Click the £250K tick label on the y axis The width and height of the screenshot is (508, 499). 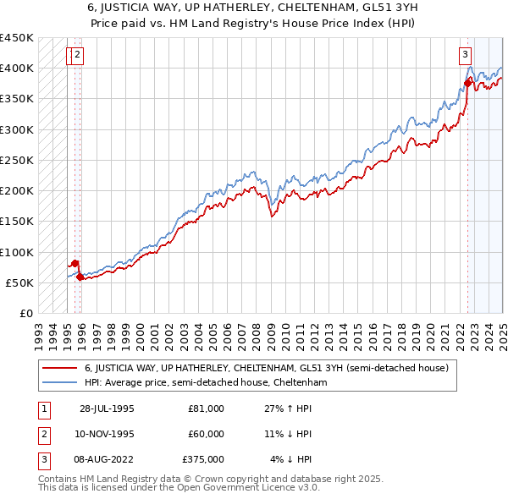[16, 160]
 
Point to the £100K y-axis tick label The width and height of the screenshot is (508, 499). [16, 252]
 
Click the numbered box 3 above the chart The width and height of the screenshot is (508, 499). [466, 56]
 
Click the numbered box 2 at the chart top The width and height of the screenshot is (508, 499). [77, 56]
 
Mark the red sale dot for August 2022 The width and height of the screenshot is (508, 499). [467, 82]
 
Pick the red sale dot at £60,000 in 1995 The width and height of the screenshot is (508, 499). [80, 276]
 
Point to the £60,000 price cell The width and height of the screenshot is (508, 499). [206, 434]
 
